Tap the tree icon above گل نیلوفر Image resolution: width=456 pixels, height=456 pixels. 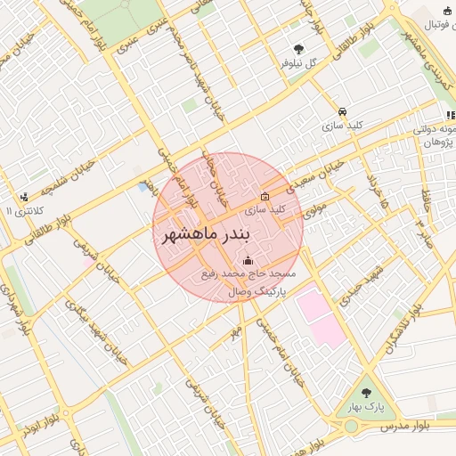click(297, 49)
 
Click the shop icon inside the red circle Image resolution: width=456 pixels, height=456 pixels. click(264, 196)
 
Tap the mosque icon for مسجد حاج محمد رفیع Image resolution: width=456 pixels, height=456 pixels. click(247, 261)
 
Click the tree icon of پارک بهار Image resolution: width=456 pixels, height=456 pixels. click(365, 393)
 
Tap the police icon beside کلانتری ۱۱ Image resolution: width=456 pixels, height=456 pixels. click(24, 196)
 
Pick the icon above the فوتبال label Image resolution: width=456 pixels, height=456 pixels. click(445, 10)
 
